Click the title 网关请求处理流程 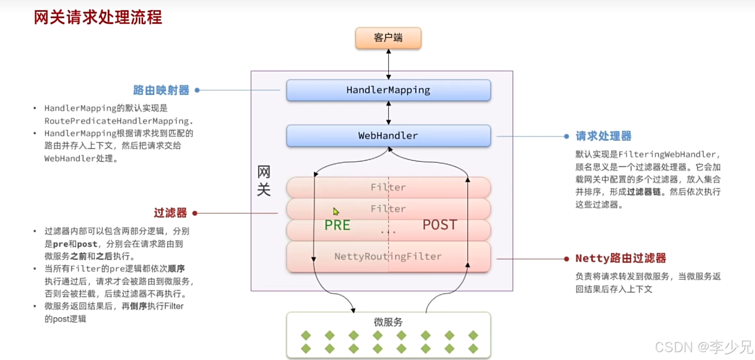pos(98,18)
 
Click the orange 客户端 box pos(388,38)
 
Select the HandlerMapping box pos(388,90)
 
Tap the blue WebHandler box pos(388,136)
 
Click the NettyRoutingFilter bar pos(388,256)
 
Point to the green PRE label pos(337,225)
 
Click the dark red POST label pos(439,225)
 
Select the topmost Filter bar pos(388,187)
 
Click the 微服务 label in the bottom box pos(388,322)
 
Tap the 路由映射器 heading pos(161,90)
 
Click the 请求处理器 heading pos(604,136)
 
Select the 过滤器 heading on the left pos(170,213)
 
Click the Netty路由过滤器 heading pos(621,258)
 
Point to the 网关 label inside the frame pos(264,181)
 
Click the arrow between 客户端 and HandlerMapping pos(388,64)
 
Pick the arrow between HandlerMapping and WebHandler pos(388,113)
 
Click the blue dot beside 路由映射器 pos(197,90)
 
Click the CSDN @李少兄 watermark pos(703,347)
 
